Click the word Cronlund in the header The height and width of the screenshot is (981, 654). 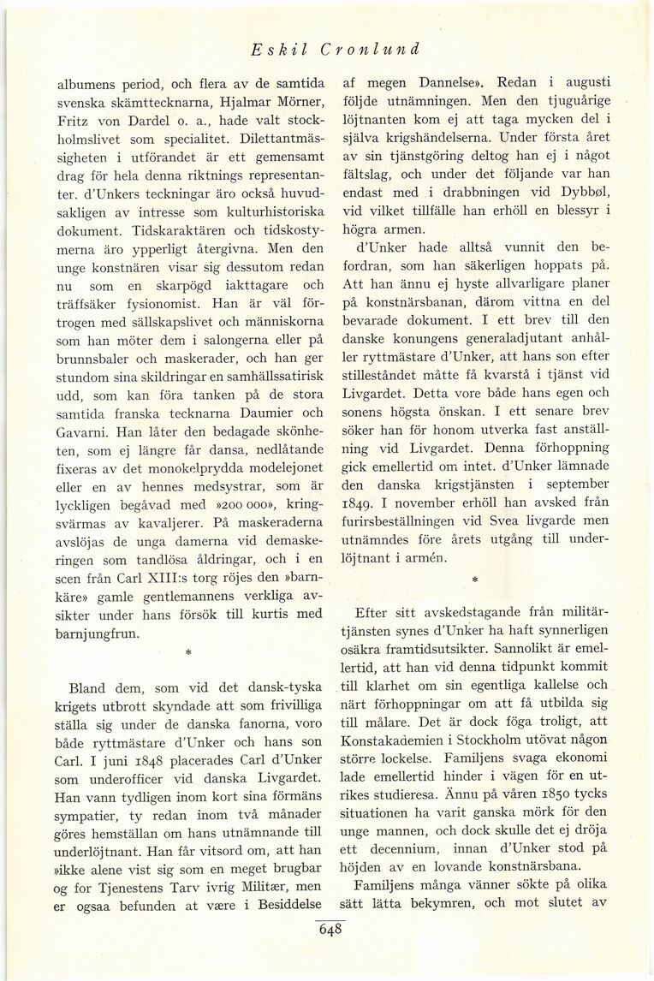pyautogui.click(x=370, y=49)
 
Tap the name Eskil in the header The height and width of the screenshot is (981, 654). pyautogui.click(x=276, y=49)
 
